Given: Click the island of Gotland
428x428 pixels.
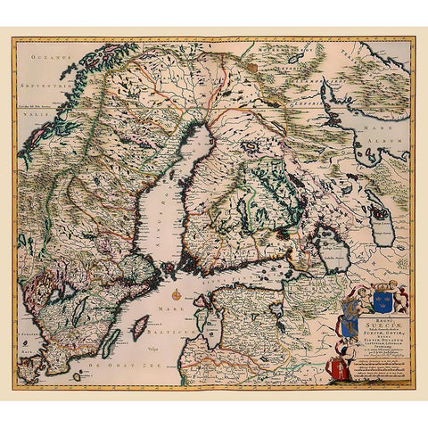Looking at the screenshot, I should click(140, 329).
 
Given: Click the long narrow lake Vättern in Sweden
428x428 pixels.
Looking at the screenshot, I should click(78, 312).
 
